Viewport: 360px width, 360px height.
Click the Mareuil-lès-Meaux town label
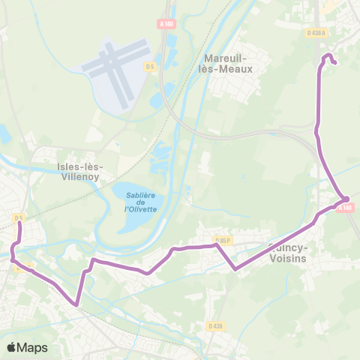click(228, 62)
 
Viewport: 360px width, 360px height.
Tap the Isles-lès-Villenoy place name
click(79, 172)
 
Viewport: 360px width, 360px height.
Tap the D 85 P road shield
click(222, 240)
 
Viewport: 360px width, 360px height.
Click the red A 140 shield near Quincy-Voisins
click(344, 207)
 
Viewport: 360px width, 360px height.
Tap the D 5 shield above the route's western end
click(19, 217)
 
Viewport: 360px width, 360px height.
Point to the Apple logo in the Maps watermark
click(12, 347)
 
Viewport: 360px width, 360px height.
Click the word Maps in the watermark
click(32, 347)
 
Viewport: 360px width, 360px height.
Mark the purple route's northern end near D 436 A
click(333, 63)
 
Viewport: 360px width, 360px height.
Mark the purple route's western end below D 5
click(19, 223)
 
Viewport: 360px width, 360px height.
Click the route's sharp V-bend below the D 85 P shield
click(235, 268)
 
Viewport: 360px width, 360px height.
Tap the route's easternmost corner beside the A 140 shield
click(347, 199)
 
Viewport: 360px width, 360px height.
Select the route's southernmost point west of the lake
click(76, 304)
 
